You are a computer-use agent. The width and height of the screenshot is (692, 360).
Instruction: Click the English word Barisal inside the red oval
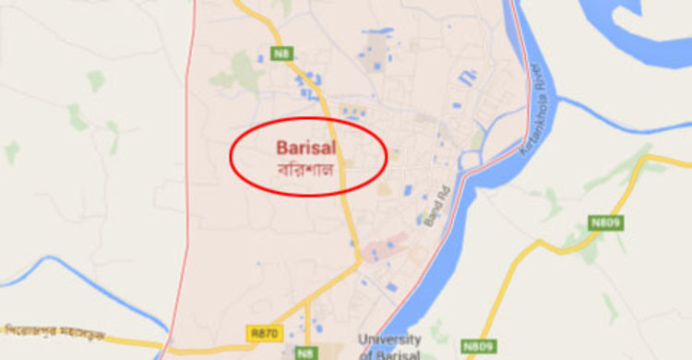pyautogui.click(x=304, y=148)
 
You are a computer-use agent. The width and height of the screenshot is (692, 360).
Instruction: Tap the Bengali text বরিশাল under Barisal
pyautogui.click(x=304, y=170)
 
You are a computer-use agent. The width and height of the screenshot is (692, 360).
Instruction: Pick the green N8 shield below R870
pyautogui.click(x=304, y=352)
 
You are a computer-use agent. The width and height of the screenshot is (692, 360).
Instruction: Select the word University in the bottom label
pyautogui.click(x=388, y=340)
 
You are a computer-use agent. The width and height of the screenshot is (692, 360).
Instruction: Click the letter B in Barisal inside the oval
pyautogui.click(x=280, y=148)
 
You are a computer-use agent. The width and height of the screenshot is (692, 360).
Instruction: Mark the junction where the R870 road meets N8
pyautogui.click(x=358, y=263)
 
